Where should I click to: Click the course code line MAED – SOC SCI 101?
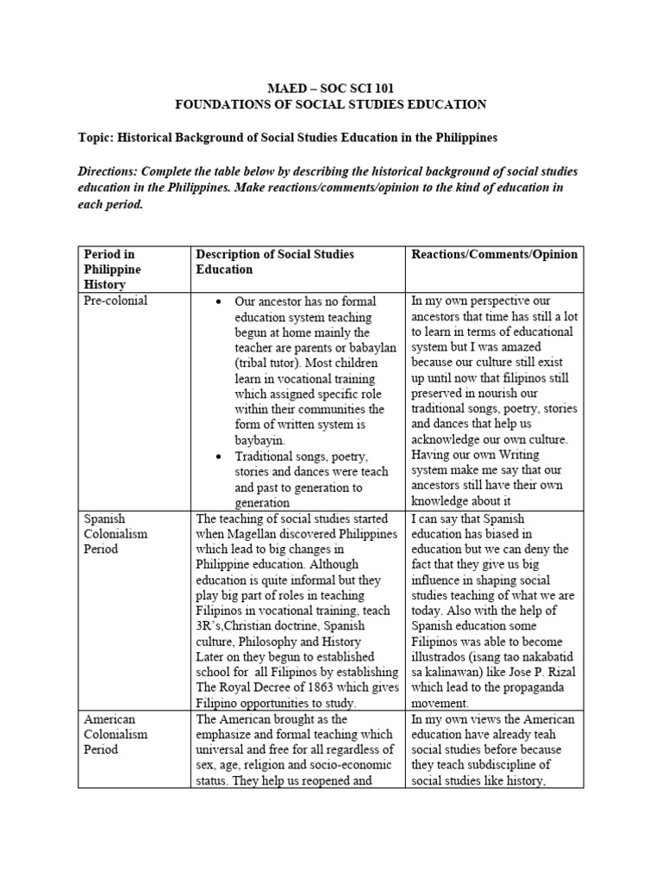point(331,89)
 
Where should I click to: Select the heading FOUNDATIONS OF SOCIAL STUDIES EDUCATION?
point(331,104)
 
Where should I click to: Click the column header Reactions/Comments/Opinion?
point(495,254)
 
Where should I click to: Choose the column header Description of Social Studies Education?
point(275,261)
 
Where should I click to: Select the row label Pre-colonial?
point(116,301)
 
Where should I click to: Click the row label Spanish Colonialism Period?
point(116,533)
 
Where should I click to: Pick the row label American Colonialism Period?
point(116,734)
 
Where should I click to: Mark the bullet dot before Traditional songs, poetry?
point(220,457)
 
